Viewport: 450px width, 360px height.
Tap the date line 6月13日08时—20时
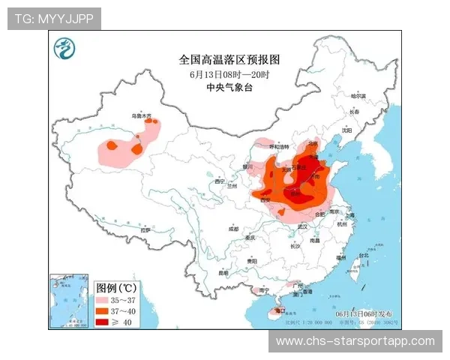pos(229,74)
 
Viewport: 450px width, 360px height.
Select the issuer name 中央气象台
pos(229,88)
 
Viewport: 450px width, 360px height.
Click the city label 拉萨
pos(145,230)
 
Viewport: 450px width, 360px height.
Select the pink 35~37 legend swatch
pos(104,298)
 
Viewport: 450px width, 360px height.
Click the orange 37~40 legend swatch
pos(104,310)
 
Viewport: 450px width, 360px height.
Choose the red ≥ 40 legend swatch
pos(104,321)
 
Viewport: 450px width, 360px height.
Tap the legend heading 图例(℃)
pos(116,287)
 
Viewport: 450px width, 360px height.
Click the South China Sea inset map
pos(69,301)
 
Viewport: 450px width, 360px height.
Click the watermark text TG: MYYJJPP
pos(54,19)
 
